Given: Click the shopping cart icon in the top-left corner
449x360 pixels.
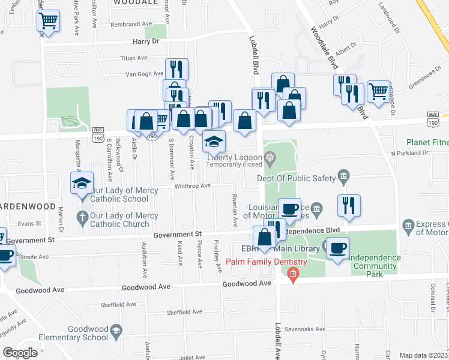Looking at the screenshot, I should [x=48, y=22].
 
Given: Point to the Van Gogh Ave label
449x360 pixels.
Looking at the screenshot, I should [x=144, y=74].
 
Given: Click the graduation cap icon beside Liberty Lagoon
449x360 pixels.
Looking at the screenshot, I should [x=213, y=142].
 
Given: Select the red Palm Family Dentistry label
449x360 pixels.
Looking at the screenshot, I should [x=267, y=262].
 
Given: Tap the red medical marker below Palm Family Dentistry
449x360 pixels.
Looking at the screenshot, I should [x=292, y=276].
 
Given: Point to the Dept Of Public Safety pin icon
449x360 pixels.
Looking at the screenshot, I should [x=343, y=175].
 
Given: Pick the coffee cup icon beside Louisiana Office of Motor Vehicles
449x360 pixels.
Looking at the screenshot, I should [x=289, y=209].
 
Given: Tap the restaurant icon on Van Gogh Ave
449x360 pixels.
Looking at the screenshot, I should [x=176, y=69].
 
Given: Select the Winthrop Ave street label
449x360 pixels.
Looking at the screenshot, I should [x=192, y=186].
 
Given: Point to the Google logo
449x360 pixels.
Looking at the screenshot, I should [x=20, y=353].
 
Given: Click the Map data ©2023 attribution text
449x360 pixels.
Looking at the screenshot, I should [x=423, y=355].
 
